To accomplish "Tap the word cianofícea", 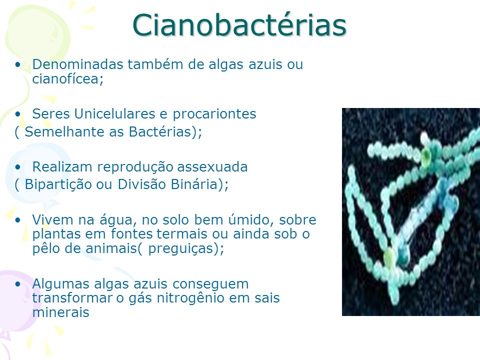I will click(66, 78).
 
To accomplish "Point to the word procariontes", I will click(214, 114).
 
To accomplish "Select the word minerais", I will click(60, 313).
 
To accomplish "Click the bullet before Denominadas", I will click(19, 65).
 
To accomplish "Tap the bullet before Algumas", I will click(19, 284).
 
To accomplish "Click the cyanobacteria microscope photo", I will click(410, 211).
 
